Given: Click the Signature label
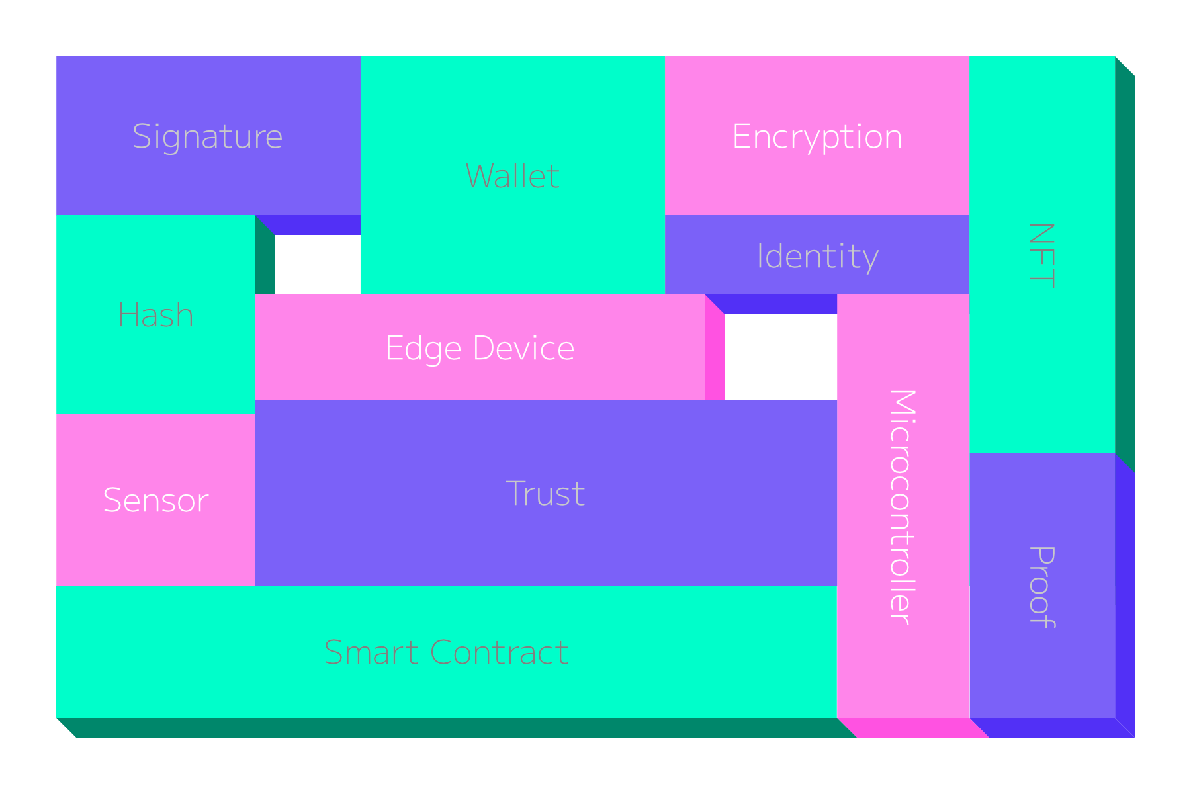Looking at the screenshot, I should [208, 137].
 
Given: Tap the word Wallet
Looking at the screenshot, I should [513, 177].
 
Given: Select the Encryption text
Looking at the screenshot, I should [817, 137].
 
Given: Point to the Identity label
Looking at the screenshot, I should [817, 256].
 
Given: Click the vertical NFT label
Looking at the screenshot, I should [1041, 255].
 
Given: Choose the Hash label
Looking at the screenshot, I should [155, 316].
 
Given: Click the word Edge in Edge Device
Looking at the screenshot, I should [423, 349].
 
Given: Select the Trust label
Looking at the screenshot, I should [545, 494].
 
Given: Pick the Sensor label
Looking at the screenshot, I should [155, 501].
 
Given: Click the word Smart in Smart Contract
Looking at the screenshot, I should [371, 653].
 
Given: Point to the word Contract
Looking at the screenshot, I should [499, 653].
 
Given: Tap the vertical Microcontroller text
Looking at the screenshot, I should [903, 507].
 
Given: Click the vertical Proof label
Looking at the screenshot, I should [1041, 587].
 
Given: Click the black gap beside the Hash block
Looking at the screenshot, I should [318, 265].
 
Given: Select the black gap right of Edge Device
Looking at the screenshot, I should [781, 357].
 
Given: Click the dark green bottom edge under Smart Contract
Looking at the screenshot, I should [450, 728].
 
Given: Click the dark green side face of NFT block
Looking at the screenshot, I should [1125, 265].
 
